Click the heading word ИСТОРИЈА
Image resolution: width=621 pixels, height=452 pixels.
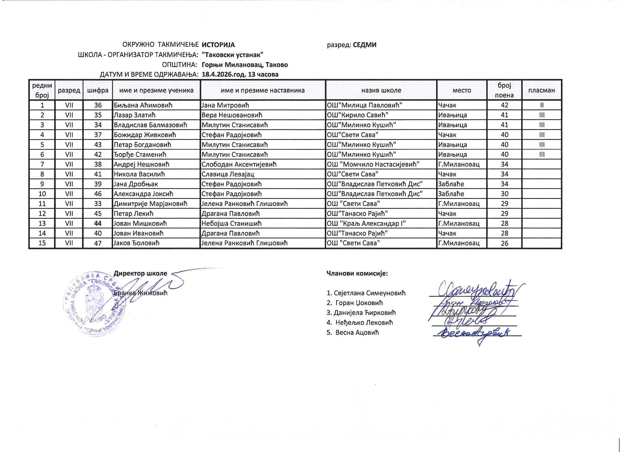coord(218,45)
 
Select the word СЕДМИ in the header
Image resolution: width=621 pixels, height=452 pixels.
coord(364,45)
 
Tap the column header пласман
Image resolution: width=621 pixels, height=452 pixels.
coord(542,90)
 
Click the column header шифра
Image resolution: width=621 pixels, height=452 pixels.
coord(98,90)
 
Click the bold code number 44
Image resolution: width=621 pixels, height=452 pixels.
coord(98,223)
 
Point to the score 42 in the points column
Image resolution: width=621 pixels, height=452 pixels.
coord(504,105)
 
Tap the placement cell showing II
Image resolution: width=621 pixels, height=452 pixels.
coord(542,105)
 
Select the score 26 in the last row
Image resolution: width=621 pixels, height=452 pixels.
coord(504,243)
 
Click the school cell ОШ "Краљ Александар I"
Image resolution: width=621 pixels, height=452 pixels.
coord(366,223)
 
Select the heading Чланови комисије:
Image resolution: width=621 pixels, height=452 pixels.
coord(357,273)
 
